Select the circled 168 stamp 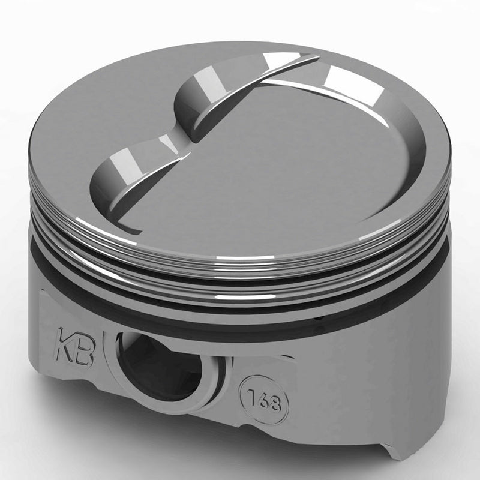pos(265,400)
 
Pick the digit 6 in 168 pos(263,400)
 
